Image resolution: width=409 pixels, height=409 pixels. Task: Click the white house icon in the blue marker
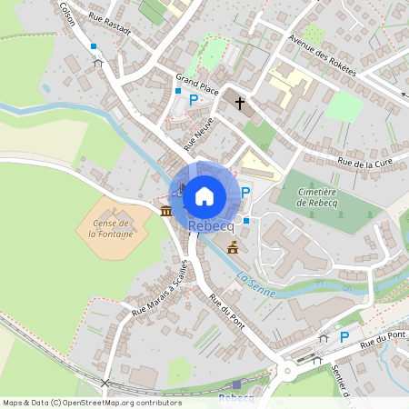pos(204,195)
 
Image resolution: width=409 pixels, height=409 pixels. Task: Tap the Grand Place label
pos(197,85)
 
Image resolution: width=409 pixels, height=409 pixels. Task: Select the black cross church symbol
pos(241,104)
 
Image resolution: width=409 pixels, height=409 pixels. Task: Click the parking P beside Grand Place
pos(193,99)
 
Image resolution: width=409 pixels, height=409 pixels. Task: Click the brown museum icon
pos(165,211)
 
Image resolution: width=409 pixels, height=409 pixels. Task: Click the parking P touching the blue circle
pos(245,192)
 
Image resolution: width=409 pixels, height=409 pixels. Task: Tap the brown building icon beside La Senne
pos(233,247)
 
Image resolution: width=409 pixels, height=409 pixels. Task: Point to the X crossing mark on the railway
pos(105,383)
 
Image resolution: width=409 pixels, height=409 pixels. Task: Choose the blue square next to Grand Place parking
pos(177,91)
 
